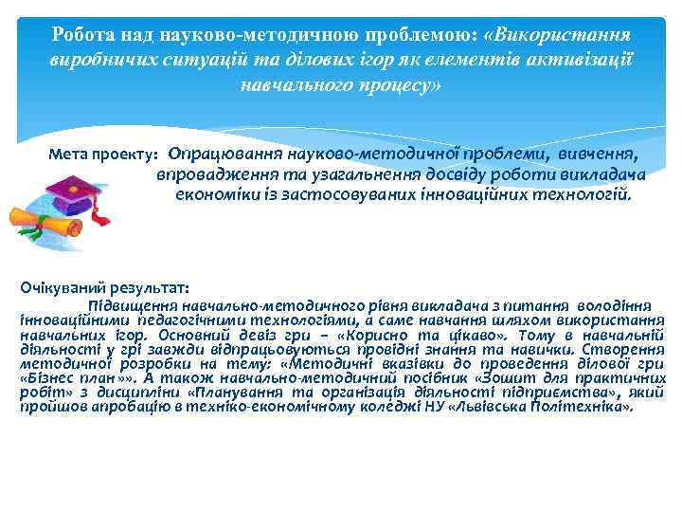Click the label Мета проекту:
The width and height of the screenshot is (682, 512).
pyautogui.click(x=103, y=154)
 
